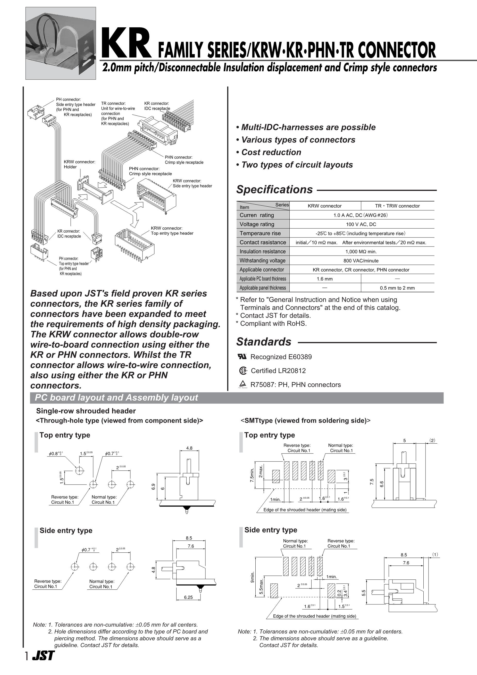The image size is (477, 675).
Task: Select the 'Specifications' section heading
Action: coord(274,190)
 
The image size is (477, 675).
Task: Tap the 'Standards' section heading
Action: coord(264,342)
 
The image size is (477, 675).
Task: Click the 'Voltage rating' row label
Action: coord(257,224)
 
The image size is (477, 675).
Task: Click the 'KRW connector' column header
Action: coord(324,206)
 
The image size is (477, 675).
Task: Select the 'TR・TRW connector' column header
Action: coord(397,206)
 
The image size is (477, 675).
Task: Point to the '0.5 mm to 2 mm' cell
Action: coord(397,288)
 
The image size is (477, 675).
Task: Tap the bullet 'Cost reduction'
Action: coord(271,152)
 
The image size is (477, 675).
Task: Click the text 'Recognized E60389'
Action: coord(281,357)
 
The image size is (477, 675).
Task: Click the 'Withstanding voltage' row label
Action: coord(262,260)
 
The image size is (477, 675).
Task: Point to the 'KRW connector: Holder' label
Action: coord(79,164)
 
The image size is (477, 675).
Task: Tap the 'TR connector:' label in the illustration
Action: coord(113,104)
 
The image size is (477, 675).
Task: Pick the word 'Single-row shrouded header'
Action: coord(86,411)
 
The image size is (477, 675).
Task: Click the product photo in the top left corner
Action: coord(61,43)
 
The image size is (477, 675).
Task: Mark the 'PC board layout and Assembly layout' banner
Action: coord(116,398)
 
